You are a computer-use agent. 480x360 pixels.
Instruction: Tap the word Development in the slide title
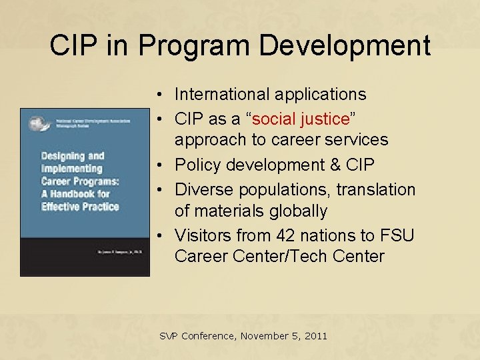(345, 45)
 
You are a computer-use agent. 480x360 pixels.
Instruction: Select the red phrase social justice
(301, 119)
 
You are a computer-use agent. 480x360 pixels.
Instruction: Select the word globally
(299, 211)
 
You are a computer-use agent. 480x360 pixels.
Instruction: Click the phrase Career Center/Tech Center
(279, 256)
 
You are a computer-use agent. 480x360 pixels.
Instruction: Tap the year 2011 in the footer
(315, 336)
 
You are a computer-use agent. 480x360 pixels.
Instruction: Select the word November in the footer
(262, 336)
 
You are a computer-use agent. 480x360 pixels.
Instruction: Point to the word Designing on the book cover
(63, 156)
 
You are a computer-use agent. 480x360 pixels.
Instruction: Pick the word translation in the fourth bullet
(375, 189)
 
